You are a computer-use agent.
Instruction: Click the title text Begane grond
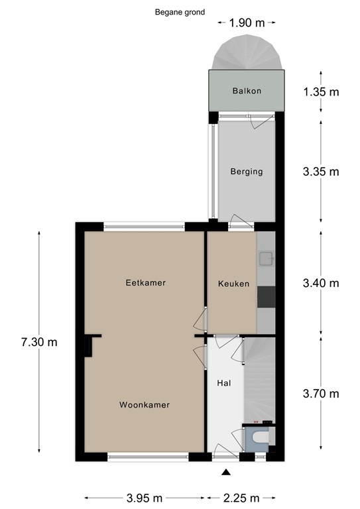[x=180, y=12]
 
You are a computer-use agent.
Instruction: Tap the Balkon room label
[x=246, y=91]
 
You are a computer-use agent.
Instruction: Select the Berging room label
[x=246, y=172]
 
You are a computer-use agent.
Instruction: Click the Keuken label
[x=233, y=284]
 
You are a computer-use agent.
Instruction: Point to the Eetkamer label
[x=145, y=283]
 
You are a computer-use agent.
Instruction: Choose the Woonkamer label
[x=145, y=405]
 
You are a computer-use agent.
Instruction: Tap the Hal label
[x=223, y=383]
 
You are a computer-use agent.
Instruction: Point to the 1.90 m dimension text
[x=247, y=23]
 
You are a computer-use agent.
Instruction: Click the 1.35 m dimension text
[x=320, y=92]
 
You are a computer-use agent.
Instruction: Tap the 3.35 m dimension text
[x=320, y=172]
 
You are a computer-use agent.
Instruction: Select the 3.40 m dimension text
[x=320, y=283]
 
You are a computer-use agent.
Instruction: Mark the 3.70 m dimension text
[x=320, y=394]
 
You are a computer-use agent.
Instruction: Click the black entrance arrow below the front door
[x=226, y=472]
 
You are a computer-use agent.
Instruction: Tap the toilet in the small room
[x=259, y=438]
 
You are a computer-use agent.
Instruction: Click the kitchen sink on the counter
[x=265, y=257]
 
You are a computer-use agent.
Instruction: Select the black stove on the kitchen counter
[x=266, y=298]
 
